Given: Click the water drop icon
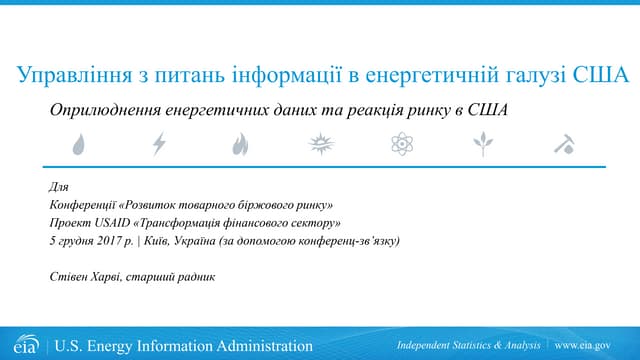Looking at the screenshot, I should [78, 145].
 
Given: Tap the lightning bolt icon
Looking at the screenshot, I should [158, 145].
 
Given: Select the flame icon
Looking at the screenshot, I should [239, 145].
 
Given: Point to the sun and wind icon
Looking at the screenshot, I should [320, 145].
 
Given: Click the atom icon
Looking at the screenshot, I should [402, 145].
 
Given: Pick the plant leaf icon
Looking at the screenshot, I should [483, 145].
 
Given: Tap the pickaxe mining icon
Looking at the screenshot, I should [563, 145].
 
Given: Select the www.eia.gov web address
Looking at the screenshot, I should [582, 346].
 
